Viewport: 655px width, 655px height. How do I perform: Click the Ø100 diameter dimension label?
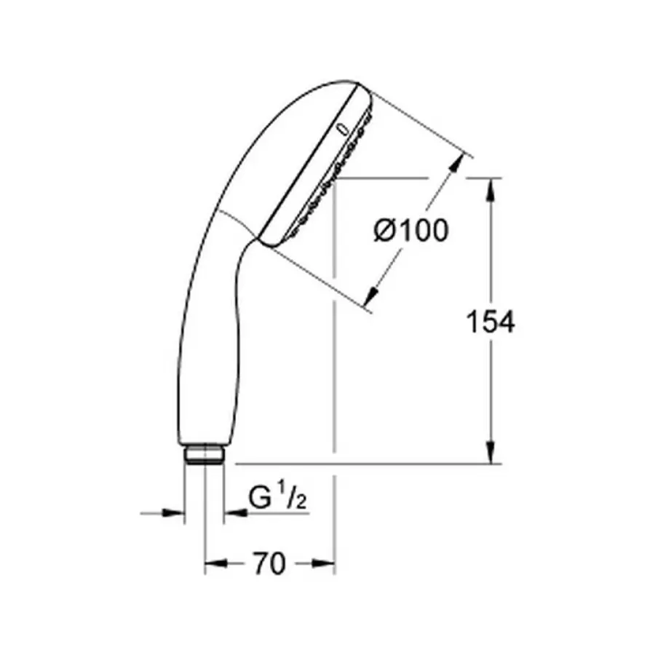point(410,231)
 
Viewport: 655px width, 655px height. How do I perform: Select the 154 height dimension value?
point(491,321)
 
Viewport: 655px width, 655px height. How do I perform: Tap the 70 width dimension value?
point(269,563)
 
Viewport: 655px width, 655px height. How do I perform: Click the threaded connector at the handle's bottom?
point(204,456)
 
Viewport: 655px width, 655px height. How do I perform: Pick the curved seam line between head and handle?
point(237,223)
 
